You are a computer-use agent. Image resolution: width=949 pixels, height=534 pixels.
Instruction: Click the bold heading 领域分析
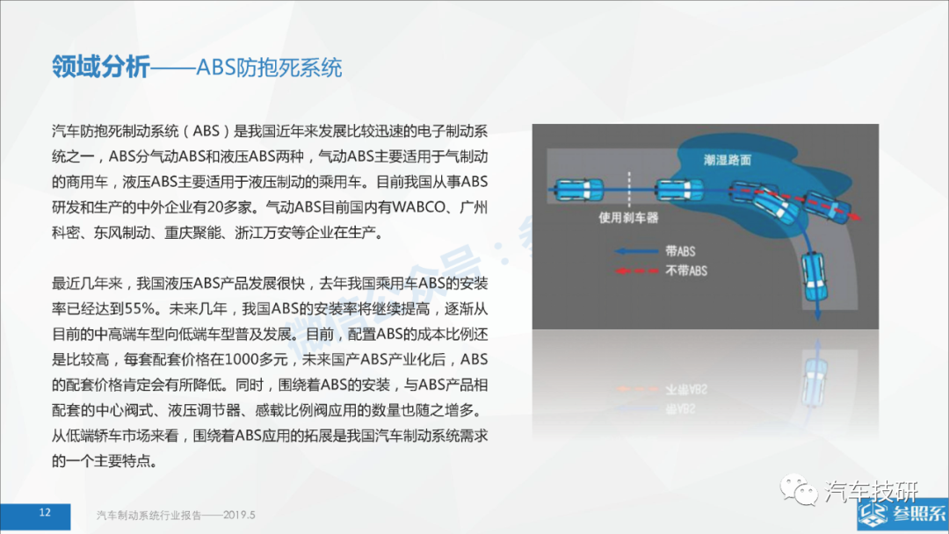[x=100, y=67]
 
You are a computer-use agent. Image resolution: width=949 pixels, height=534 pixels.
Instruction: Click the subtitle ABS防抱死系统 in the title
[x=269, y=68]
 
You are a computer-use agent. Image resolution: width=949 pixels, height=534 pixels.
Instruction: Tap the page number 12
[x=45, y=513]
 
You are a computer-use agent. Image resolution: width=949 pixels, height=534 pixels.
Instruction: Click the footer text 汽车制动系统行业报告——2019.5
[x=176, y=516]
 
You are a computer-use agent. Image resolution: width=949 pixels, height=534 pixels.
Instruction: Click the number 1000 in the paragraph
[x=243, y=360]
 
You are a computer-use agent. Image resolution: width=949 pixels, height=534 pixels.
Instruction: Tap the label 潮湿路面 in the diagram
[x=727, y=160]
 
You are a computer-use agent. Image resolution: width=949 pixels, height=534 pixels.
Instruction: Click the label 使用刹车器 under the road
[x=628, y=218]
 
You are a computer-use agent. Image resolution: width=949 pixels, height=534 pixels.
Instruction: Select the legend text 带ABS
[x=680, y=251]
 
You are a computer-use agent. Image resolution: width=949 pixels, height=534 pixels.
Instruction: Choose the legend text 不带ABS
[x=686, y=271]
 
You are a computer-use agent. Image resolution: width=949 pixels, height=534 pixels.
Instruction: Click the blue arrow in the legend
[x=636, y=251]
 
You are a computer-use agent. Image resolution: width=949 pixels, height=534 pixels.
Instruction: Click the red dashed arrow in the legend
[x=636, y=271]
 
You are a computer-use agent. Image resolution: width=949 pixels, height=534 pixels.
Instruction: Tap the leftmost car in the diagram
[x=578, y=190]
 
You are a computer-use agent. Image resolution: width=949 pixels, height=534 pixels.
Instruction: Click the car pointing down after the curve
[x=815, y=278]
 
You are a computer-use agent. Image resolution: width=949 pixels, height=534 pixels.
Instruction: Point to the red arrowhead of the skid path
[x=855, y=217]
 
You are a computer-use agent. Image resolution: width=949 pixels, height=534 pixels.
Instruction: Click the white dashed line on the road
[x=629, y=190]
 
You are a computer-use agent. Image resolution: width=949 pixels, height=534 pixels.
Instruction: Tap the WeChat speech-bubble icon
[x=798, y=488]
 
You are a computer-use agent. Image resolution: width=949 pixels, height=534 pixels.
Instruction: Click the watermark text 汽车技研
[x=872, y=491]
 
